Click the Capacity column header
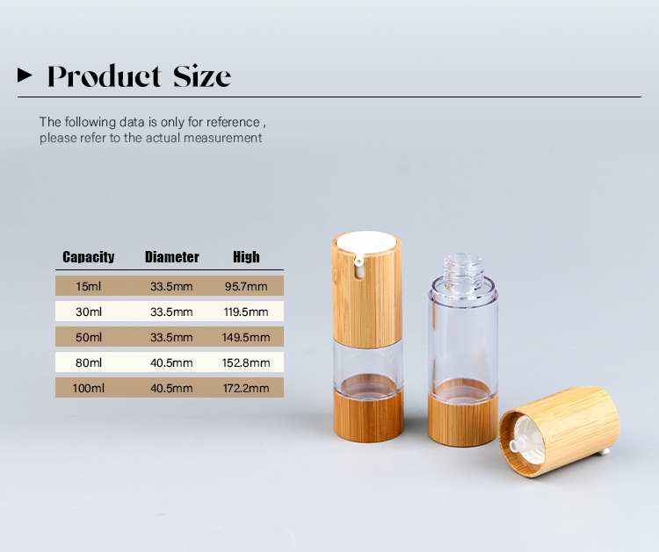(x=88, y=257)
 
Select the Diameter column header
(x=172, y=257)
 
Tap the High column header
(x=246, y=257)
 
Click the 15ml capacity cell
(x=88, y=287)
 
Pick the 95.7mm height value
(x=246, y=287)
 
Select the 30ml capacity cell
(x=89, y=312)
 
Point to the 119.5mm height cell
(x=246, y=312)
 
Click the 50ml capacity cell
(x=89, y=338)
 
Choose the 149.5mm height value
(x=246, y=338)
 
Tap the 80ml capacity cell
(x=89, y=362)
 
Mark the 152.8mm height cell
(x=246, y=362)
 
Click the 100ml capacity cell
(x=88, y=388)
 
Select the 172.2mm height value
(x=246, y=388)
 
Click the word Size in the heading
(x=202, y=76)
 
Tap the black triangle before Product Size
(x=25, y=75)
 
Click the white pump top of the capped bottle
(x=366, y=242)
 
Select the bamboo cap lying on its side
(x=560, y=432)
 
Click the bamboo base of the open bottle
(x=463, y=419)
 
